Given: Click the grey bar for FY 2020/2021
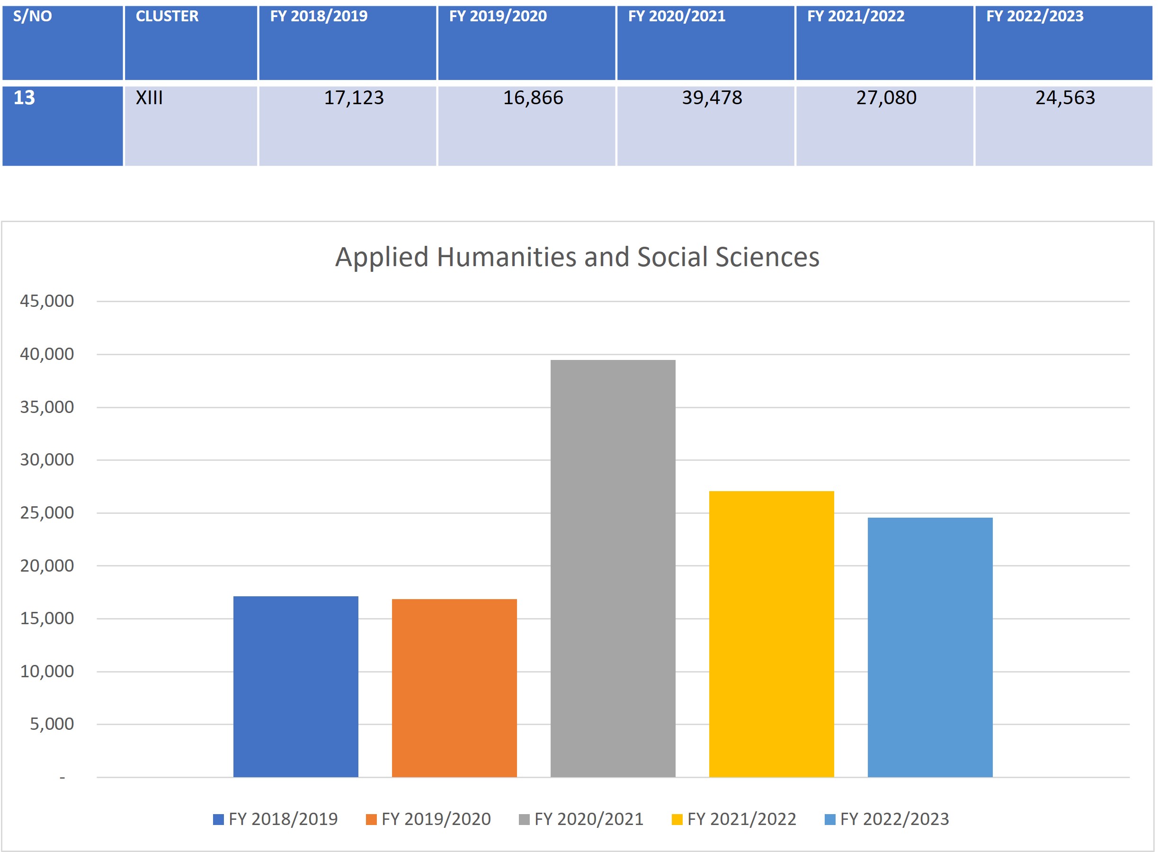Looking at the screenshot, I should [613, 568].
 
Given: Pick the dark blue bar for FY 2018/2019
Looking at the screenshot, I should [295, 686].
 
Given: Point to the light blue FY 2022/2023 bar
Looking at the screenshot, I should [930, 647].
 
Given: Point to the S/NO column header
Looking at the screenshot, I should [33, 17].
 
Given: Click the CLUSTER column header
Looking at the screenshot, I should [167, 17].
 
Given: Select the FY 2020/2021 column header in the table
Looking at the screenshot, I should [677, 17].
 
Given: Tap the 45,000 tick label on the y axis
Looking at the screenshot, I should [47, 301].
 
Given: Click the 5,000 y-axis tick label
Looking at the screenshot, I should [52, 724].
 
